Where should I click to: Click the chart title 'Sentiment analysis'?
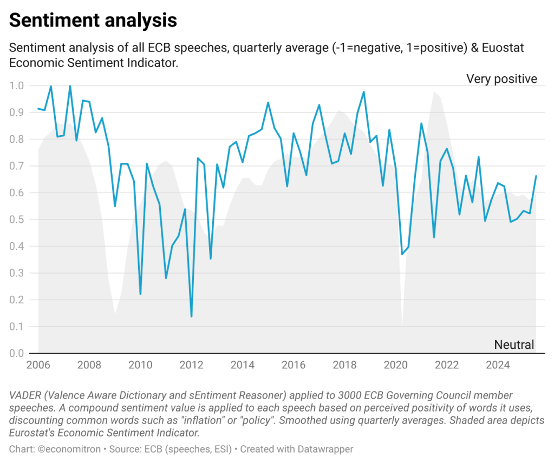[x=93, y=21]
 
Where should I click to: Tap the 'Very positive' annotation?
[x=501, y=79]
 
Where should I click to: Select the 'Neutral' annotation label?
[x=514, y=344]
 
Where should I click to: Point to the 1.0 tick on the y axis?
[x=17, y=85]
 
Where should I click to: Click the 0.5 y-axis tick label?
[x=17, y=220]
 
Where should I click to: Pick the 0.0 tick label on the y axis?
[x=17, y=353]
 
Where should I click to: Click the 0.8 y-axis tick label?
[x=17, y=139]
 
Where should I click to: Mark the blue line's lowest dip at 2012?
[x=192, y=316]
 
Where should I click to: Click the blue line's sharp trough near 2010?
[x=140, y=294]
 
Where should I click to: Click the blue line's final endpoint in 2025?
[x=536, y=176]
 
